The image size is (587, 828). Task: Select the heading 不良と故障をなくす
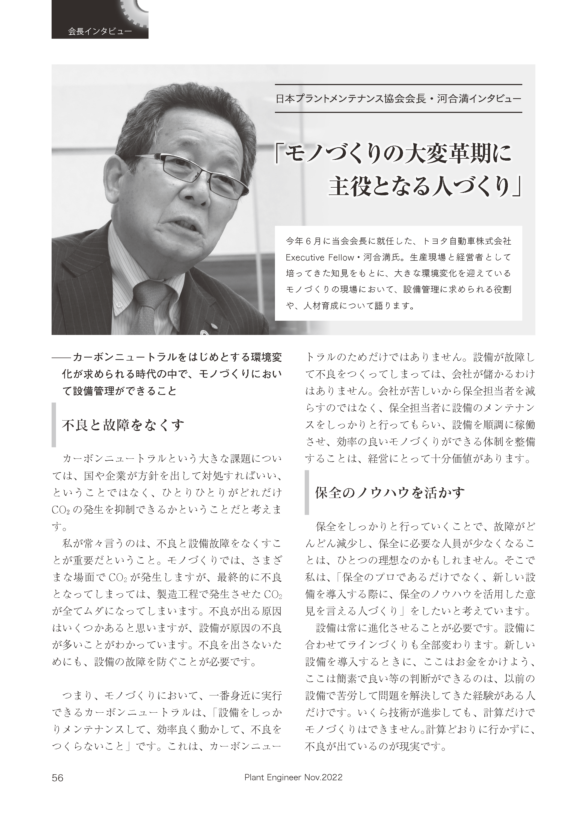123,425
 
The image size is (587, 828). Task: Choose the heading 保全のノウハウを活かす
390,493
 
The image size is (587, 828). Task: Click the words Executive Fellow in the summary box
319,257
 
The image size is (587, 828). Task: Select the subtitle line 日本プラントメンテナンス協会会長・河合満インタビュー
398,99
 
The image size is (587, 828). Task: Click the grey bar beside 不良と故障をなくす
54,425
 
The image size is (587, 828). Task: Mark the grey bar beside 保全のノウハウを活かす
307,492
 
